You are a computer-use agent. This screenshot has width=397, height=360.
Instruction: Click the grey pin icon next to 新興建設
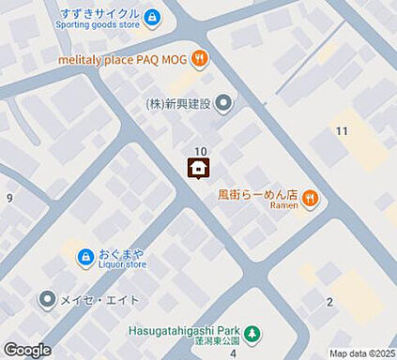point(222,103)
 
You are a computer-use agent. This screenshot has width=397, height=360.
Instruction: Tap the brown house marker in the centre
point(199,169)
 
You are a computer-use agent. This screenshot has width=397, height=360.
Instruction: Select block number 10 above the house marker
point(200,151)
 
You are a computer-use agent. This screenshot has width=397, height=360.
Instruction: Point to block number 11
point(343,130)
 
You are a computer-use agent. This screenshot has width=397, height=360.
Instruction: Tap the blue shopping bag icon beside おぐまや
point(85,256)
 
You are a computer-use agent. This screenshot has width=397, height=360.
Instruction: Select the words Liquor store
point(123,264)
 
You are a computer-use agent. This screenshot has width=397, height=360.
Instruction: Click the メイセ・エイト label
point(101,300)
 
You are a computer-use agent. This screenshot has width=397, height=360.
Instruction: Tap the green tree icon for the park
point(252,334)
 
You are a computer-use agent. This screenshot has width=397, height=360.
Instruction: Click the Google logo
point(27,350)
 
